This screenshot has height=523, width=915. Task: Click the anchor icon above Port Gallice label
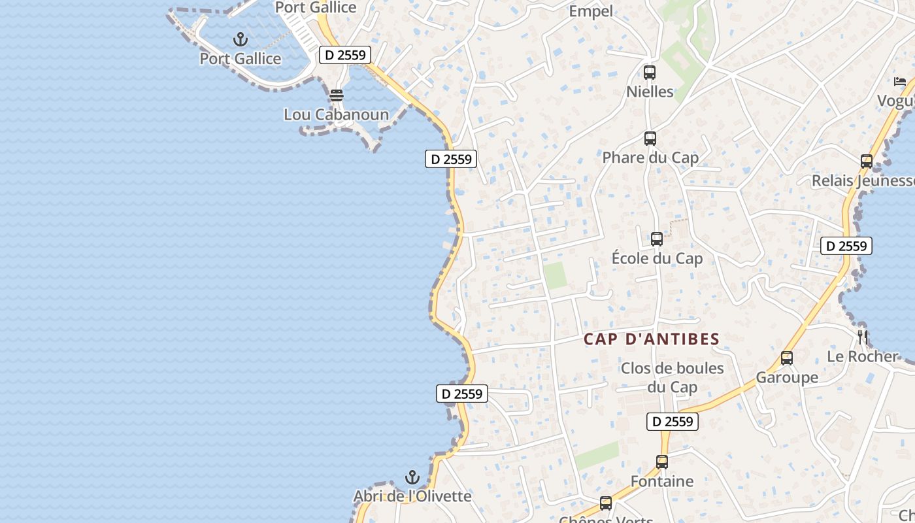241,39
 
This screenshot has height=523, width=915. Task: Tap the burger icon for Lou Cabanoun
337,95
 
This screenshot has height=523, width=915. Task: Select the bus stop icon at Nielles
650,73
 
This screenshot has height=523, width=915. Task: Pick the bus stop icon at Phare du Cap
650,139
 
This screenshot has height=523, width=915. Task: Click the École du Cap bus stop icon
657,239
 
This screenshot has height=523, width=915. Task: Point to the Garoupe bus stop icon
787,358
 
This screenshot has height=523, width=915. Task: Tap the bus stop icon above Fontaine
662,462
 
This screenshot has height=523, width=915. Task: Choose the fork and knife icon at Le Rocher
863,337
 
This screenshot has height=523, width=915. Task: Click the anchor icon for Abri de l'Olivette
412,477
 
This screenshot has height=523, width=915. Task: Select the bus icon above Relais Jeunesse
867,161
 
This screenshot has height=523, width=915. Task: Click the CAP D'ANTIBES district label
651,339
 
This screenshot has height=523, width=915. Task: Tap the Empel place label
591,11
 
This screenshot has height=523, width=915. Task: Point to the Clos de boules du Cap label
672,377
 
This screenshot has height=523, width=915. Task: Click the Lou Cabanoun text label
336,114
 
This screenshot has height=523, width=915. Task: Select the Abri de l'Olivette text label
412,496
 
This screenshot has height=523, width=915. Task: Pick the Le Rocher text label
863,356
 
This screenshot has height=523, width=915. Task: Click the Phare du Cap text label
650,158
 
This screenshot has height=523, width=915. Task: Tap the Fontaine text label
662,481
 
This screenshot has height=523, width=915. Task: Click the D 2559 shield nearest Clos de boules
673,422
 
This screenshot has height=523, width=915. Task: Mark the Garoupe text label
787,377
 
